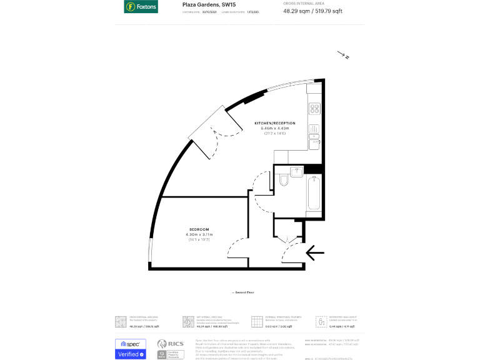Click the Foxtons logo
(141, 7)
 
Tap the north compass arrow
(343, 56)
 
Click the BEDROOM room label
(199, 229)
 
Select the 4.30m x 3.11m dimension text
(199, 234)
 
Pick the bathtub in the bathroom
(314, 193)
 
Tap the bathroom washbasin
(296, 171)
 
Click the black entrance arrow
(315, 252)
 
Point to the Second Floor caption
(243, 292)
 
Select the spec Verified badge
(130, 349)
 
